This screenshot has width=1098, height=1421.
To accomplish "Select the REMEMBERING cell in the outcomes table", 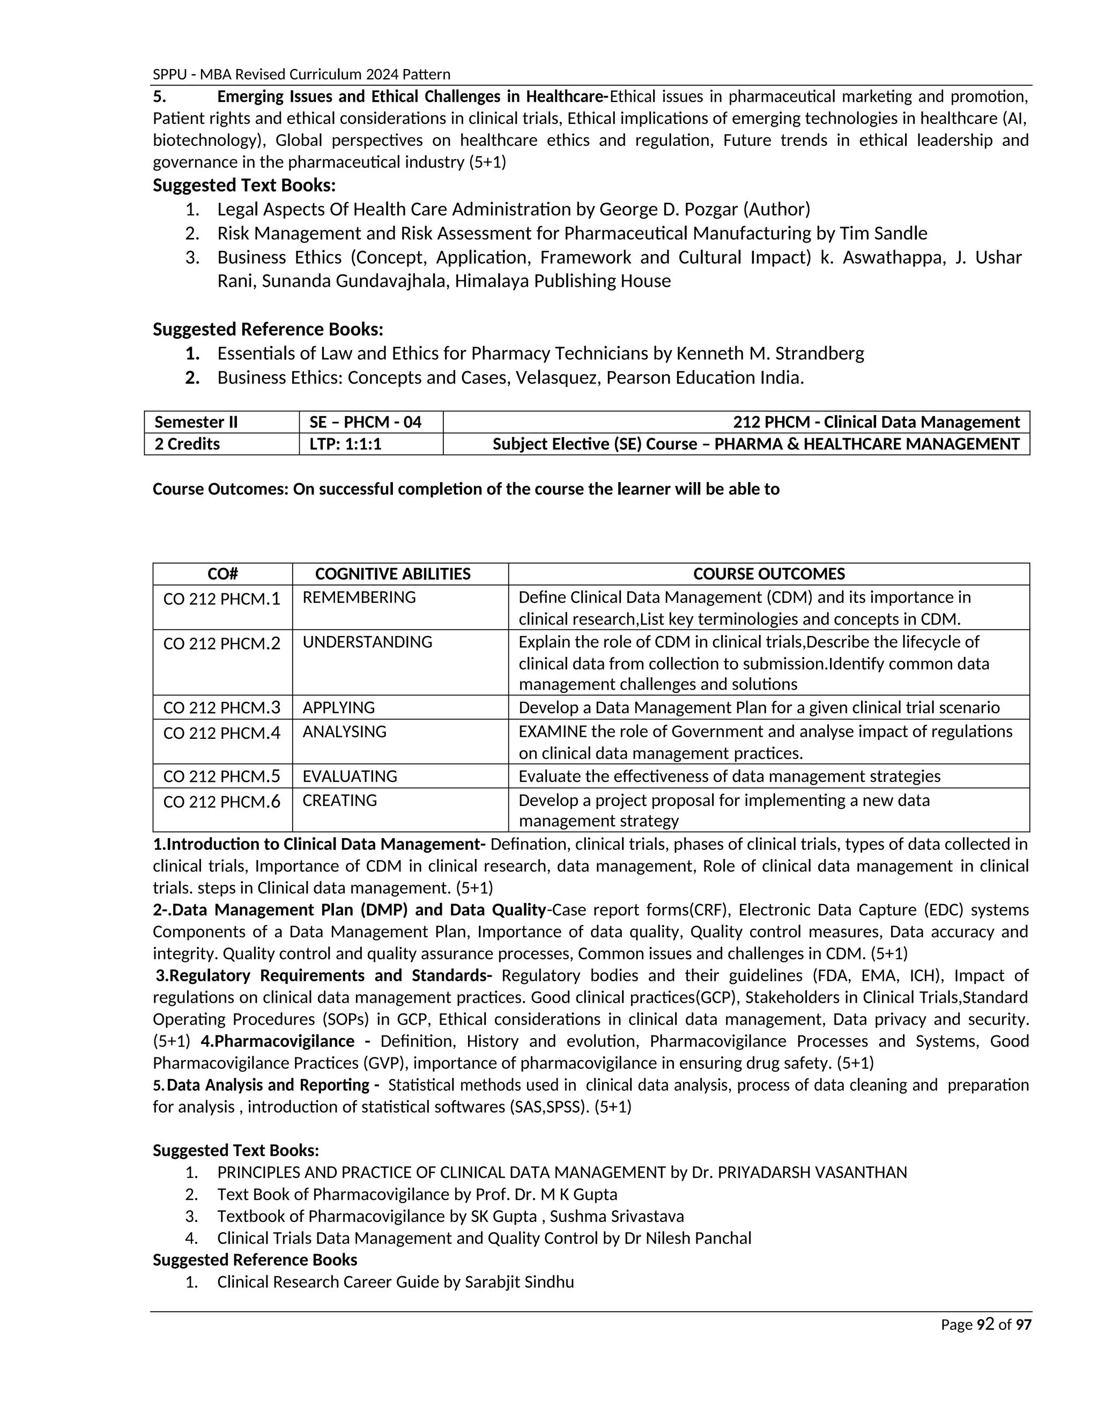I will click(x=359, y=597).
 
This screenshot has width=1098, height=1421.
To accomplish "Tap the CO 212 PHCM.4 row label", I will click(x=222, y=733).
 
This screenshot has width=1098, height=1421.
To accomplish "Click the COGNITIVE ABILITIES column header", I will click(x=392, y=574).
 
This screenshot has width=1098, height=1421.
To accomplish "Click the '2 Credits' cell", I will click(x=187, y=445).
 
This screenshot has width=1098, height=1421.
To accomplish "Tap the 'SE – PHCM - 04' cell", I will click(x=366, y=422).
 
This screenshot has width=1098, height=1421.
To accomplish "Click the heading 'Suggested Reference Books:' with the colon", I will click(x=268, y=330).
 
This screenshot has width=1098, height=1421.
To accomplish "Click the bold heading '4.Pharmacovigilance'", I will click(x=278, y=1041).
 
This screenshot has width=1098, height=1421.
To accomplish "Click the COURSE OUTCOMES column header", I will click(x=769, y=574).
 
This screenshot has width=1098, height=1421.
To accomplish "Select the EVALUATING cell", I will click(x=350, y=776).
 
